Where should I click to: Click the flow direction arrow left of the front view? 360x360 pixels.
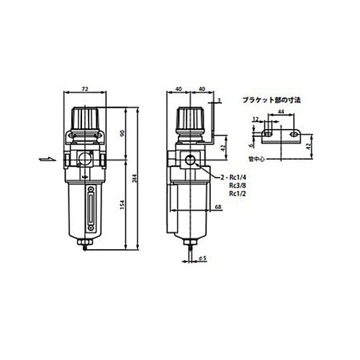43,160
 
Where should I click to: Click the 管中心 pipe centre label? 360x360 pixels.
256,152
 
